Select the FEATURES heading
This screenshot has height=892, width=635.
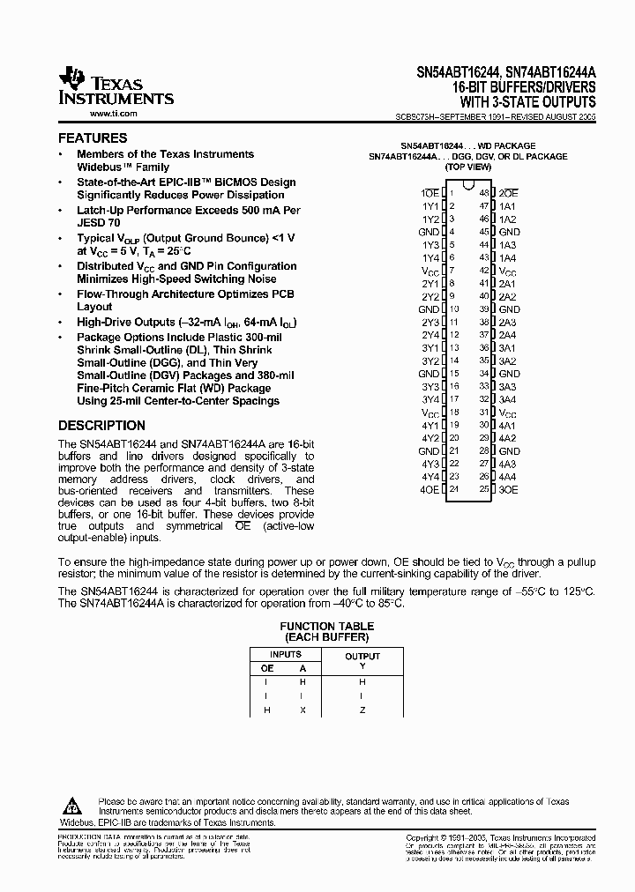click(x=93, y=138)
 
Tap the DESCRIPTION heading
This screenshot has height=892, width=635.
click(x=101, y=425)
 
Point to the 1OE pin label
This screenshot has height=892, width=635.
click(x=429, y=192)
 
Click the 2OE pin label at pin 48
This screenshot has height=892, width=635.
click(x=508, y=192)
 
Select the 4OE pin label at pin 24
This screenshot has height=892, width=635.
click(x=430, y=489)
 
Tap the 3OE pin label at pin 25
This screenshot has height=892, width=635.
click(x=508, y=489)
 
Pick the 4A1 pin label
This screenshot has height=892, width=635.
click(x=508, y=425)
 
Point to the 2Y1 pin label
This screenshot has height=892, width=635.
click(x=430, y=283)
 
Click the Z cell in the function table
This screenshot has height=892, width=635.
click(x=362, y=710)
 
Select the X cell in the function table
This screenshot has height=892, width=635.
click(x=303, y=710)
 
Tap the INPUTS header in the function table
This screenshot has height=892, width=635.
click(x=285, y=655)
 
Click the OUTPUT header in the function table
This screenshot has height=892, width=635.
click(x=362, y=656)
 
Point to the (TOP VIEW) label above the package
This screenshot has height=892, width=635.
click(x=468, y=167)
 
